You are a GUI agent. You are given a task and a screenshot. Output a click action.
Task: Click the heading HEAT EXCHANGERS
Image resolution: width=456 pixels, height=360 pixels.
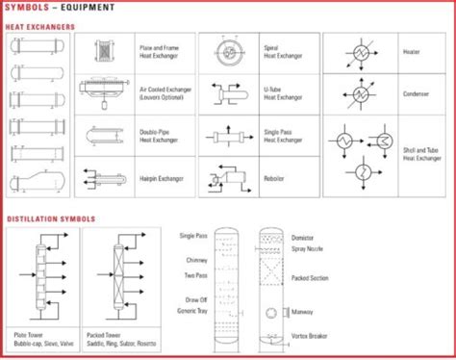tap(39, 26)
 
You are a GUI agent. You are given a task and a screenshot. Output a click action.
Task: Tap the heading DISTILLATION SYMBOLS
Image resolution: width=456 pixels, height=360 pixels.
tap(49, 219)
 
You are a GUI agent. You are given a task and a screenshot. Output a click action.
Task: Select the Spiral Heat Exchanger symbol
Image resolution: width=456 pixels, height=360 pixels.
tap(229, 53)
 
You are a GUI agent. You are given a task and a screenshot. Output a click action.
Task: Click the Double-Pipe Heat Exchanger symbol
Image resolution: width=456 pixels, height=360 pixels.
tap(103, 136)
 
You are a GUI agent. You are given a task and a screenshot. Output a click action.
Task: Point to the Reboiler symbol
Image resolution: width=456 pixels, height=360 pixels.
tap(229, 177)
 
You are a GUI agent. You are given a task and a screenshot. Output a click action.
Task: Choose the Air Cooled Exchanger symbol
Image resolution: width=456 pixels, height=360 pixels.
tap(103, 93)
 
